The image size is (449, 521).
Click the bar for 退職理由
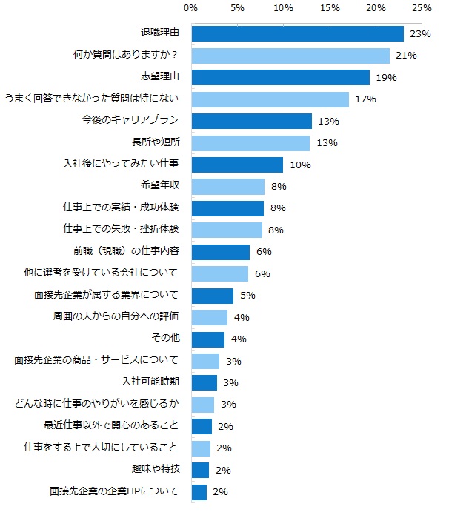click(297, 33)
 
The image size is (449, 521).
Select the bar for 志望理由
click(280, 77)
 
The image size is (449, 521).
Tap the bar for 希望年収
click(227, 186)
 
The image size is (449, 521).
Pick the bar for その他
click(207, 339)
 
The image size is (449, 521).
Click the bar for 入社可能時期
click(204, 382)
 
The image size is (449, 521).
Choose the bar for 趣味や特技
click(200, 470)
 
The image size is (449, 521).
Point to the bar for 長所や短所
click(250, 142)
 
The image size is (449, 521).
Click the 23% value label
click(420, 33)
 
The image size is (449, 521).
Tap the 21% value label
click(406, 56)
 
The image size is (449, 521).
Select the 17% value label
click(365, 99)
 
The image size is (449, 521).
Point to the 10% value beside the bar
click(299, 165)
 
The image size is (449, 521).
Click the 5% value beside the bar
click(247, 296)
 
